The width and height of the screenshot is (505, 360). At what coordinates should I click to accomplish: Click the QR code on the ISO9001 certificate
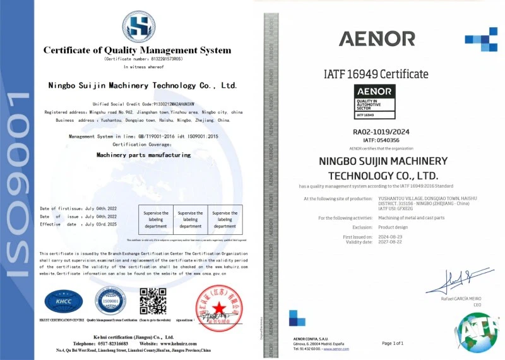(153, 301)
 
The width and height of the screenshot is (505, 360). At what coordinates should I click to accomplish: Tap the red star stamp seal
(219, 307)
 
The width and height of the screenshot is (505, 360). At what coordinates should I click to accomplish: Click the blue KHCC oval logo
(63, 301)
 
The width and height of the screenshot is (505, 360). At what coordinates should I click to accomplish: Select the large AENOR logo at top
(377, 39)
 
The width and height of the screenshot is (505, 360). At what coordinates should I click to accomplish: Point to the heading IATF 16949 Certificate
(376, 74)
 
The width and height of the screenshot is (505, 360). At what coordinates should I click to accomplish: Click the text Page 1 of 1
(393, 343)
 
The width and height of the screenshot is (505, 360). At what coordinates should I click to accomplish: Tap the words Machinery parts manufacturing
(143, 154)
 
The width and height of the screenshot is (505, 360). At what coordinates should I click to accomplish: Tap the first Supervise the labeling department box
(156, 219)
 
